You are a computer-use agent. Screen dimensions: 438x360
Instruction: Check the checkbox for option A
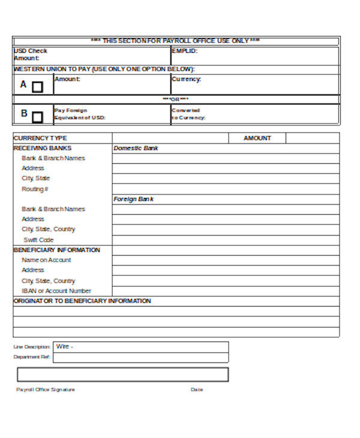point(37,87)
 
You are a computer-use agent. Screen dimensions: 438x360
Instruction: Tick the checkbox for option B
point(37,116)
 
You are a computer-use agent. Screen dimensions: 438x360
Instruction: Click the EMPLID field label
point(184,51)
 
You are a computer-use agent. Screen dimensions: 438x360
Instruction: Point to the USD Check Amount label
point(30,55)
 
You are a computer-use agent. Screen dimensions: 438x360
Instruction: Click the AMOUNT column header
point(257,138)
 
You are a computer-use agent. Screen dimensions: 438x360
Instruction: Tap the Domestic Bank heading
point(136,148)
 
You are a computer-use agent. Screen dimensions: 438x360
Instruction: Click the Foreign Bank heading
point(133,199)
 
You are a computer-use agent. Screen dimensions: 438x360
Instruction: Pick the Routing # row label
point(35,189)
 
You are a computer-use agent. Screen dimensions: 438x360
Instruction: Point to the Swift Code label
point(38,240)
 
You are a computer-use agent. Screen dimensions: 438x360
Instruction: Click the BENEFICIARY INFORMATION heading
point(56,250)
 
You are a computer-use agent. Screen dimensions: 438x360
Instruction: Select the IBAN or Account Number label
point(56,291)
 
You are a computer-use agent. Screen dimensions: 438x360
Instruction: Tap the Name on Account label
point(46,260)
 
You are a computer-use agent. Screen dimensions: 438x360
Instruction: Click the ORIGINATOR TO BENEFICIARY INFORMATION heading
point(82,301)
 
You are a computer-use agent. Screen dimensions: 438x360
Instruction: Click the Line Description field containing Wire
point(141,347)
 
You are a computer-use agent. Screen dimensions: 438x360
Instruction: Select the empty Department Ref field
point(141,358)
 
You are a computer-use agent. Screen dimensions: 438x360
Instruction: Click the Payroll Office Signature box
point(122,374)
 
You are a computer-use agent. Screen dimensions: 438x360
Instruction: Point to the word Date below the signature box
point(197,390)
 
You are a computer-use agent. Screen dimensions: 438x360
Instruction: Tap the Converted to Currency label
point(188,114)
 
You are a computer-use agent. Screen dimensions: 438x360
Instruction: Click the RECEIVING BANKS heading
point(42,148)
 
